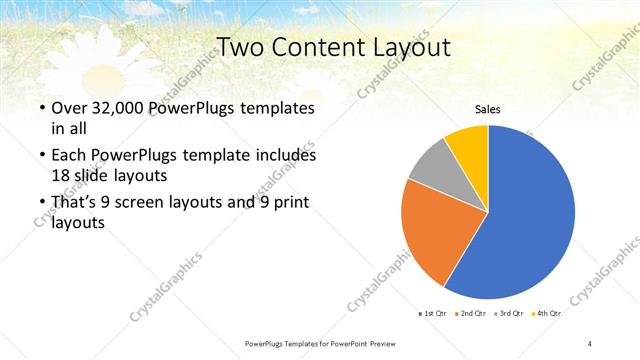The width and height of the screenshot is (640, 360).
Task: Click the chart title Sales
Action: (x=487, y=110)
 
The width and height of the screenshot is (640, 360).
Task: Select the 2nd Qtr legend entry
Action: (x=470, y=314)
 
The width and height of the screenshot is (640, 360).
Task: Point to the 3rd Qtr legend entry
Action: (x=508, y=314)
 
